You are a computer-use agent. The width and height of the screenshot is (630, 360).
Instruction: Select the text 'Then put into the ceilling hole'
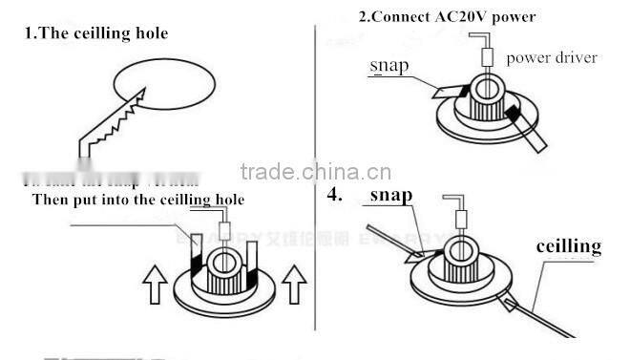[x=138, y=200]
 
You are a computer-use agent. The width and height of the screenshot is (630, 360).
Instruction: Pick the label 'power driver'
[x=552, y=57]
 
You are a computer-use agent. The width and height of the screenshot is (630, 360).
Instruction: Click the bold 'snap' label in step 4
[x=390, y=195]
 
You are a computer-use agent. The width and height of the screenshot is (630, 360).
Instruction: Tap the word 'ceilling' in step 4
[x=568, y=246]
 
